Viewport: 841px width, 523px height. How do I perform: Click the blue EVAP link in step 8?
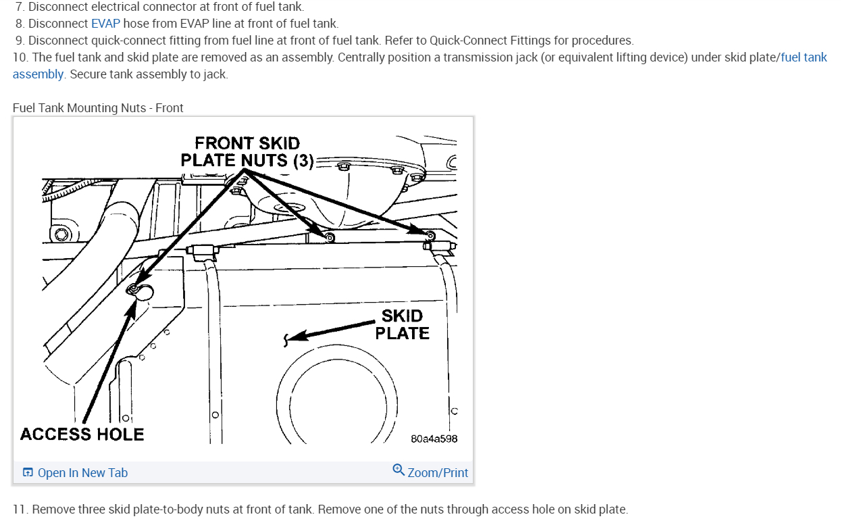click(105, 24)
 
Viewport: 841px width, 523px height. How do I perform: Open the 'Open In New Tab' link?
click(82, 473)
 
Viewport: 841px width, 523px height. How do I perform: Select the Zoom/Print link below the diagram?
click(438, 473)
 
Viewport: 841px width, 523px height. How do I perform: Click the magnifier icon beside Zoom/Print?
click(399, 470)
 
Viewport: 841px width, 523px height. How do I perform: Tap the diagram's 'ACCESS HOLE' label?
click(82, 434)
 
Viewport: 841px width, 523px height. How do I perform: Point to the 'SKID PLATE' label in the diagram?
click(403, 324)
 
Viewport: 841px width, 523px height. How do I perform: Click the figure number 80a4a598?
click(434, 439)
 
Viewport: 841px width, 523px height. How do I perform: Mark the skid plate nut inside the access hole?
click(134, 290)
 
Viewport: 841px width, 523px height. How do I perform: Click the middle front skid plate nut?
click(329, 236)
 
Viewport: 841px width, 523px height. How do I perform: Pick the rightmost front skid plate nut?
click(429, 235)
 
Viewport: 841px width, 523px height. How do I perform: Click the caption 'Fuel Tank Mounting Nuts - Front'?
click(98, 108)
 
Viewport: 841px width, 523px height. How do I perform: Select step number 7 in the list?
click(20, 7)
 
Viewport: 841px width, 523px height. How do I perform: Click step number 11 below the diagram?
click(20, 509)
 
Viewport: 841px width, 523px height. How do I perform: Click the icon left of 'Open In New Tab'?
click(28, 473)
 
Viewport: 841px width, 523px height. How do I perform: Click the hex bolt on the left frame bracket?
click(63, 234)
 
